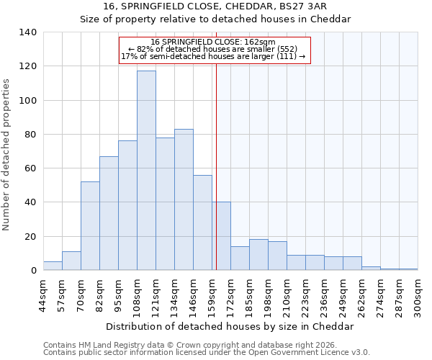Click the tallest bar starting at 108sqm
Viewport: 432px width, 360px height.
(x=146, y=171)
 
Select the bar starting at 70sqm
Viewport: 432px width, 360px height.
(x=90, y=226)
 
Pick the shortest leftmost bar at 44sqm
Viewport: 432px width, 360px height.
(x=53, y=266)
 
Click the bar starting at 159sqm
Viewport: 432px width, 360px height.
(x=221, y=236)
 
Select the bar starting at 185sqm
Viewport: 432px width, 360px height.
(x=258, y=255)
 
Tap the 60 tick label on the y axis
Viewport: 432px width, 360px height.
(x=30, y=168)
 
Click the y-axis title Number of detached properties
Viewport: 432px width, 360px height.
(x=7, y=155)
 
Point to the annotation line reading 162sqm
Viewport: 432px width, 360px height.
(x=213, y=42)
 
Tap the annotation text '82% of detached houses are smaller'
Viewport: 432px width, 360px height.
(x=213, y=49)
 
